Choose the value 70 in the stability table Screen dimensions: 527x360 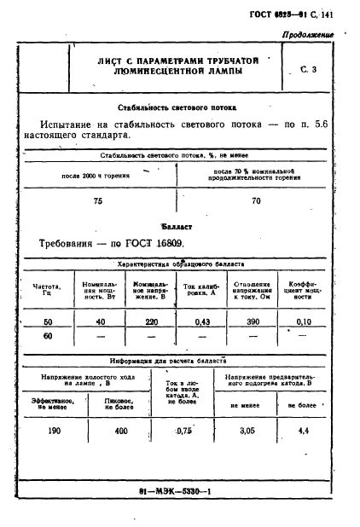tap(256, 201)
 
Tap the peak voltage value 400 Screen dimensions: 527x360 tap(121, 431)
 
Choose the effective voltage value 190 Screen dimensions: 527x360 tap(55, 431)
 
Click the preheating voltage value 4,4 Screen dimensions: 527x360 tap(302, 431)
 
